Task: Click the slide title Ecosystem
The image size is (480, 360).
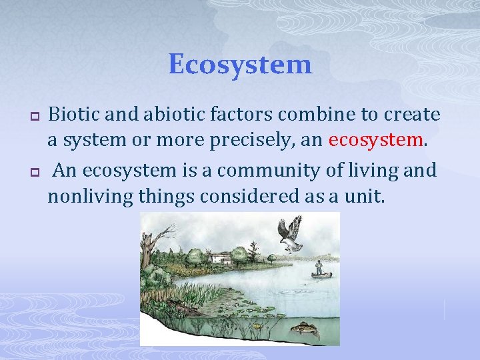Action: click(x=240, y=65)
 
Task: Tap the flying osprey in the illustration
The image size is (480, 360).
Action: click(x=290, y=233)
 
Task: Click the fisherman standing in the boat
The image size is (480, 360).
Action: click(x=319, y=267)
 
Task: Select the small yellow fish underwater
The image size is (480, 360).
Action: click(x=255, y=326)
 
